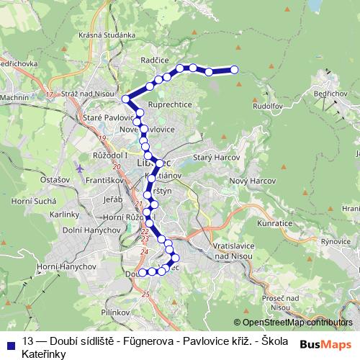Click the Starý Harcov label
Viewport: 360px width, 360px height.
tap(210, 157)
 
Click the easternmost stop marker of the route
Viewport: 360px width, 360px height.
tap(234, 70)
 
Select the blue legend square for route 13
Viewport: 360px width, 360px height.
tap(11, 341)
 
